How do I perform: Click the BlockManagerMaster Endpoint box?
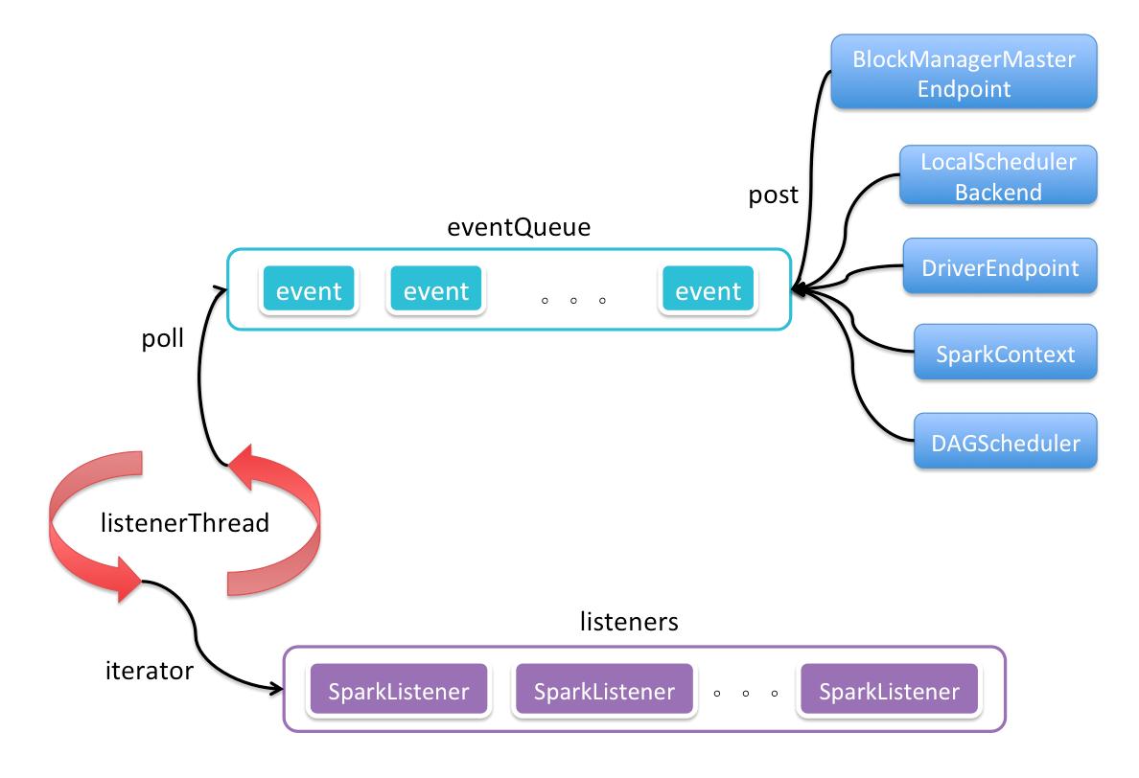tap(964, 72)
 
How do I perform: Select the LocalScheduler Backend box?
tap(998, 175)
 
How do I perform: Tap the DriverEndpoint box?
tap(1000, 266)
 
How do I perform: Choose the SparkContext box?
tap(1006, 353)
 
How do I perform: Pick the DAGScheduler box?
tap(1006, 442)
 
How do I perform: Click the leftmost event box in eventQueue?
tap(309, 289)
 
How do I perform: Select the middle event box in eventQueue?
tap(436, 289)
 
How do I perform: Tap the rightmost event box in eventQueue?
tap(709, 289)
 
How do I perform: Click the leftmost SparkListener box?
tap(399, 690)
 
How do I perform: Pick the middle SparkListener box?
tap(604, 690)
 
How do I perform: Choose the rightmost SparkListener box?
tap(889, 690)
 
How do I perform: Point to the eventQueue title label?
tap(519, 227)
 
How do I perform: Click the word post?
tap(773, 195)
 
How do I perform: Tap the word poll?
tap(162, 338)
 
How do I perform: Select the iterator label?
tap(150, 671)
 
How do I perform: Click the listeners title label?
tap(629, 622)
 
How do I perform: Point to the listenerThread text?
tap(184, 522)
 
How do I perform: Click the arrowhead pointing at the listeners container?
tap(276, 688)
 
